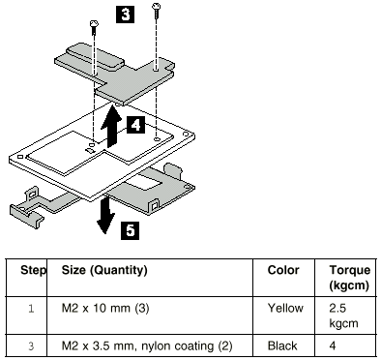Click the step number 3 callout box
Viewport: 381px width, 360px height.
(125, 15)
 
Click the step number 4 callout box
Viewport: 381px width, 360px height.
(135, 125)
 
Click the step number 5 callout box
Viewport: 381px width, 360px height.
(130, 230)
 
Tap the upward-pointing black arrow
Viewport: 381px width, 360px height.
(111, 125)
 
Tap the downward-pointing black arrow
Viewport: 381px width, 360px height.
(106, 214)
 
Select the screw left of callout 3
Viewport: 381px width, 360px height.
(94, 27)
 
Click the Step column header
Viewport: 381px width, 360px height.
(34, 270)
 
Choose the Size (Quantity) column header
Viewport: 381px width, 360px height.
(104, 270)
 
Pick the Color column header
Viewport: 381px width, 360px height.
(283, 270)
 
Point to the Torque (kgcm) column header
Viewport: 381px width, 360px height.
(349, 278)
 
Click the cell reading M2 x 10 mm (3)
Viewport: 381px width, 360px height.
(105, 309)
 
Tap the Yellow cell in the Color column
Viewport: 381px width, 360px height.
(285, 309)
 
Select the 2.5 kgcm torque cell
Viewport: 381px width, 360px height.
(343, 315)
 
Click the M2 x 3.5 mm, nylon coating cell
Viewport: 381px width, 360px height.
(147, 346)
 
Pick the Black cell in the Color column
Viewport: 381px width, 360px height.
(282, 346)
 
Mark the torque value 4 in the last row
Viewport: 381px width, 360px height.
(333, 346)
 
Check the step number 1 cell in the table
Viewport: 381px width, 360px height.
(31, 309)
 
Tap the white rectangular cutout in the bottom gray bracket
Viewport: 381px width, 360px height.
(144, 184)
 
